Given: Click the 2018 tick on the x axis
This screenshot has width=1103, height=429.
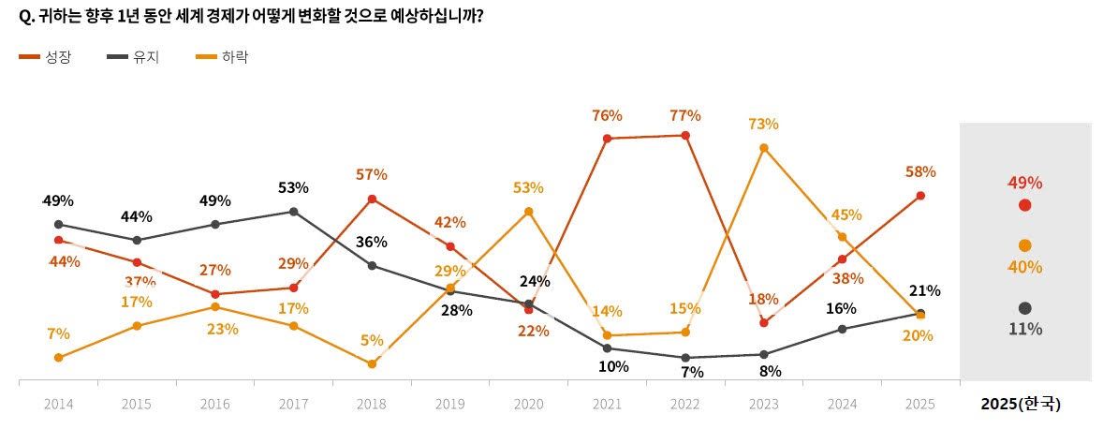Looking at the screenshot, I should (x=372, y=405).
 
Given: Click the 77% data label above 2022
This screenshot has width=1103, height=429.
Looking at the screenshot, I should (x=685, y=116).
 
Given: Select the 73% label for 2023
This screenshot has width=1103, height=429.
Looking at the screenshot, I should (x=764, y=125).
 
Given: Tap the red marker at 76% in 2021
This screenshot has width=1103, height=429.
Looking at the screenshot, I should (x=607, y=139).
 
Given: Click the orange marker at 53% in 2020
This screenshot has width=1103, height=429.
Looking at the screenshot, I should (x=528, y=212).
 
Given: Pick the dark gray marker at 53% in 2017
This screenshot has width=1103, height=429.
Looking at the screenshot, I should (x=293, y=212).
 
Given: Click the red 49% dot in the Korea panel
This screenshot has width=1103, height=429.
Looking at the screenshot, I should (x=1024, y=205).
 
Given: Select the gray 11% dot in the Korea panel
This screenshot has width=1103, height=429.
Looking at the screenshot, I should (x=1024, y=308).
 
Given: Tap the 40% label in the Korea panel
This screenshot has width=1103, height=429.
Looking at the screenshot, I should (x=1024, y=268).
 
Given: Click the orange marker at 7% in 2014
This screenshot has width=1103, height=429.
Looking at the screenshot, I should (x=58, y=358).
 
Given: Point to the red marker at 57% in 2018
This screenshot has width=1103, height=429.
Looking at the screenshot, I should (x=372, y=199).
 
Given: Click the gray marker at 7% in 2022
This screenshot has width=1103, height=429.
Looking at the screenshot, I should (x=685, y=358).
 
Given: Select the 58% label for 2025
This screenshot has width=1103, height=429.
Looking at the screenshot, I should (x=920, y=172).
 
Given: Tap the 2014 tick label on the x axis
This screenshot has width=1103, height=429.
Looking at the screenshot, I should (x=58, y=405).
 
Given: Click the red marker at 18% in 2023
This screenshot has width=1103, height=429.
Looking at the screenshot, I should (x=764, y=322).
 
